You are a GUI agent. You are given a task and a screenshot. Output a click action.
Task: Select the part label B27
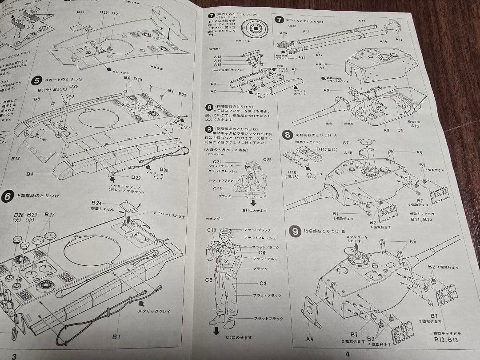(49, 214)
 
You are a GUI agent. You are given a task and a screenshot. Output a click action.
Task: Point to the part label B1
(116, 337)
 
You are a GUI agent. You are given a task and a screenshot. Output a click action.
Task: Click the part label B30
(164, 170)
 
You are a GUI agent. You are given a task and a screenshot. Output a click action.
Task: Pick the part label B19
(16, 158)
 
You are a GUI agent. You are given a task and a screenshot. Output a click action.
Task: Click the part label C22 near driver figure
(267, 160)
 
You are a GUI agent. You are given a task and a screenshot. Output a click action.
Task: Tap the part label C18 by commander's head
(211, 230)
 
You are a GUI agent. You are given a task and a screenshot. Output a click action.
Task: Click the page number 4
(348, 354)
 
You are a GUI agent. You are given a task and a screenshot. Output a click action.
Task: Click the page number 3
(14, 356)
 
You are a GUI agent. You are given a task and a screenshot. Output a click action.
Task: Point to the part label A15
(362, 21)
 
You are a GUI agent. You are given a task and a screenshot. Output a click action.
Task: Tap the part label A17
(399, 40)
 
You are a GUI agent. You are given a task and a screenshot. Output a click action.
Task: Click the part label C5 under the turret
(400, 130)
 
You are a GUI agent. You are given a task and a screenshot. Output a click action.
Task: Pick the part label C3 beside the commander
(263, 283)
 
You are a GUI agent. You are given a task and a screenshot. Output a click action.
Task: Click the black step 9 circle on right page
(295, 231)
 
